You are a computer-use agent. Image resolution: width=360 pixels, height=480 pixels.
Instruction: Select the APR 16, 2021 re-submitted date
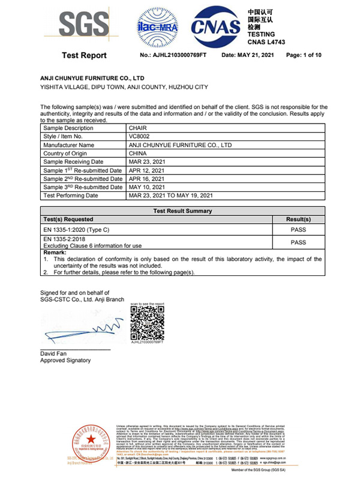pyautogui.click(x=148, y=179)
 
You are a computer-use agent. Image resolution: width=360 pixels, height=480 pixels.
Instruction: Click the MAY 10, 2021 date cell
pyautogui.click(x=148, y=187)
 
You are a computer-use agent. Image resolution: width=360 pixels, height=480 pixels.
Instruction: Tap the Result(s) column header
pyautogui.click(x=298, y=220)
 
